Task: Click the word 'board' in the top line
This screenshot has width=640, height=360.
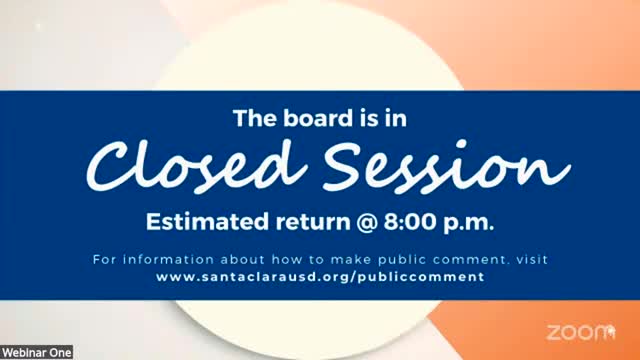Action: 318,118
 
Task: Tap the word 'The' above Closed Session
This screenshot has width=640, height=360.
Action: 256,118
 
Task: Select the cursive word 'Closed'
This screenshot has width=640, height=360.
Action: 196,166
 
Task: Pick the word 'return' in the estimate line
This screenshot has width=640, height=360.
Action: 313,222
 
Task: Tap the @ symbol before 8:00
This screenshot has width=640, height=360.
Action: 367,222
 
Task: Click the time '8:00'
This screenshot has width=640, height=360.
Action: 410,222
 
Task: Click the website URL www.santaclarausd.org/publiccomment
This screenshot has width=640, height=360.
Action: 320,277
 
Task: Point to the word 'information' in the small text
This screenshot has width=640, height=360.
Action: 169,259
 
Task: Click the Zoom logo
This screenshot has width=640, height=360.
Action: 581,332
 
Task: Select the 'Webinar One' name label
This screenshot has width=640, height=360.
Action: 37,353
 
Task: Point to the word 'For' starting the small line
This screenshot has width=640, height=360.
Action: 104,259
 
